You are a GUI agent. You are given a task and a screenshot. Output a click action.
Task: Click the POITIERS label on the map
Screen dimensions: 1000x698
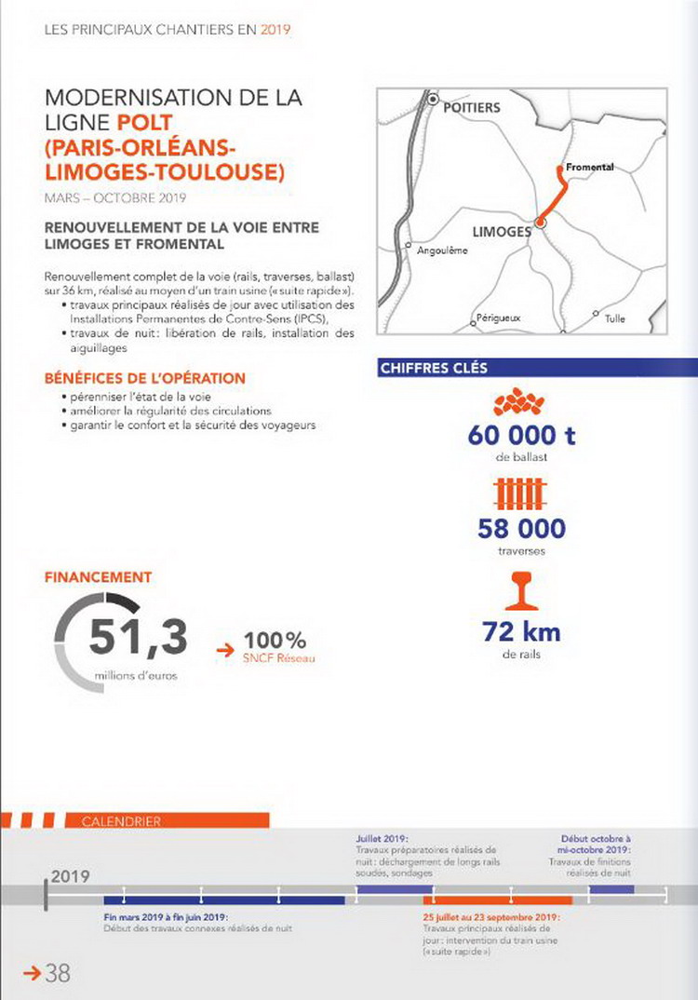pyautogui.click(x=471, y=108)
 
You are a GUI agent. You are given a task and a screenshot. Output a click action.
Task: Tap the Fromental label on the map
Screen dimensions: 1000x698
pyautogui.click(x=590, y=166)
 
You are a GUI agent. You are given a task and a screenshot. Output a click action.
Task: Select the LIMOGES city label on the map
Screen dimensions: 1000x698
pyautogui.click(x=501, y=232)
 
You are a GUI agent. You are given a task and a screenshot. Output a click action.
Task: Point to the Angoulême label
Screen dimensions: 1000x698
pyautogui.click(x=442, y=250)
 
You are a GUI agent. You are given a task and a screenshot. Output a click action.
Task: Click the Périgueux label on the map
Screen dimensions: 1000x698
pyautogui.click(x=498, y=318)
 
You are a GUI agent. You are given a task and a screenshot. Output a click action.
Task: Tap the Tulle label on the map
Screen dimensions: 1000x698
pyautogui.click(x=614, y=318)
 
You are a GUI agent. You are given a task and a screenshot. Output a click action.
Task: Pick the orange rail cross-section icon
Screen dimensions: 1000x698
pyautogui.click(x=520, y=592)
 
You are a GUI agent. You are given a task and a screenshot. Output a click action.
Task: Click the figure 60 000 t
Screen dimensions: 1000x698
pyautogui.click(x=521, y=435)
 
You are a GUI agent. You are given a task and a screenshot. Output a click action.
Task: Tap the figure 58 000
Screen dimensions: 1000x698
pyautogui.click(x=521, y=529)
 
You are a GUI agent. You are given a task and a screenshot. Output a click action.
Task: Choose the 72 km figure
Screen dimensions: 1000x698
pyautogui.click(x=521, y=632)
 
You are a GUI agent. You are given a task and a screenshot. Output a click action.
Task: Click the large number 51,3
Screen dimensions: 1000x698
pyautogui.click(x=139, y=638)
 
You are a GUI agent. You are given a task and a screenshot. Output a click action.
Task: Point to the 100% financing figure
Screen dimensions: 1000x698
pyautogui.click(x=275, y=641)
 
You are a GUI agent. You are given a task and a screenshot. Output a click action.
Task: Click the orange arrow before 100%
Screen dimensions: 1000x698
pyautogui.click(x=224, y=649)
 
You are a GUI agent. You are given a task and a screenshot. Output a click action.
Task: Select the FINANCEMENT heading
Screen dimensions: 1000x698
pyautogui.click(x=98, y=577)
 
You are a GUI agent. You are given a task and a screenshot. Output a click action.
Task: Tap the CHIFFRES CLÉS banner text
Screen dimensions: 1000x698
pyautogui.click(x=433, y=369)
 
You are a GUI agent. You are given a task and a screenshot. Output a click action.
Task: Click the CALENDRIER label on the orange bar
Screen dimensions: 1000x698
pyautogui.click(x=121, y=821)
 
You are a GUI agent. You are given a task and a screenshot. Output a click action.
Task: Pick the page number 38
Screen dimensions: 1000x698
pyautogui.click(x=58, y=974)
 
